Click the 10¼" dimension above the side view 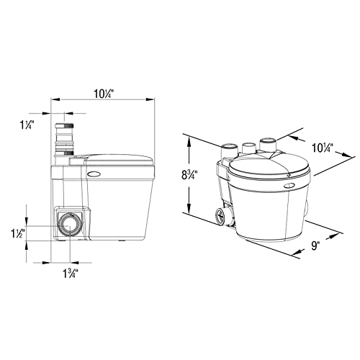pyautogui.click(x=103, y=94)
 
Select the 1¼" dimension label pyautogui.click(x=27, y=125)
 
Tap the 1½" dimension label pyautogui.click(x=18, y=233)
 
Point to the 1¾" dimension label pyautogui.click(x=71, y=274)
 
